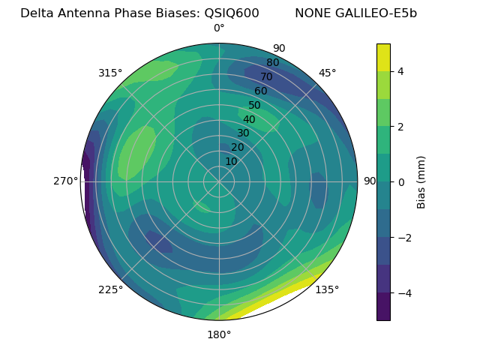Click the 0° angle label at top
(219, 28)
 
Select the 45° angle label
(327, 73)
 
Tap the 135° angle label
(327, 289)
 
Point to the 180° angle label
(219, 334)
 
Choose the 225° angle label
(110, 289)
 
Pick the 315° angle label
(110, 73)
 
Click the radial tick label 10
(231, 161)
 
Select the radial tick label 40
(249, 119)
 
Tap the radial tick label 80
(272, 63)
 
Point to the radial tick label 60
(260, 91)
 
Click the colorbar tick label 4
(401, 71)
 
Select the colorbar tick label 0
(401, 182)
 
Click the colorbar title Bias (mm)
(421, 182)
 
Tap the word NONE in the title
(313, 13)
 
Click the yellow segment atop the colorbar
(383, 57)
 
